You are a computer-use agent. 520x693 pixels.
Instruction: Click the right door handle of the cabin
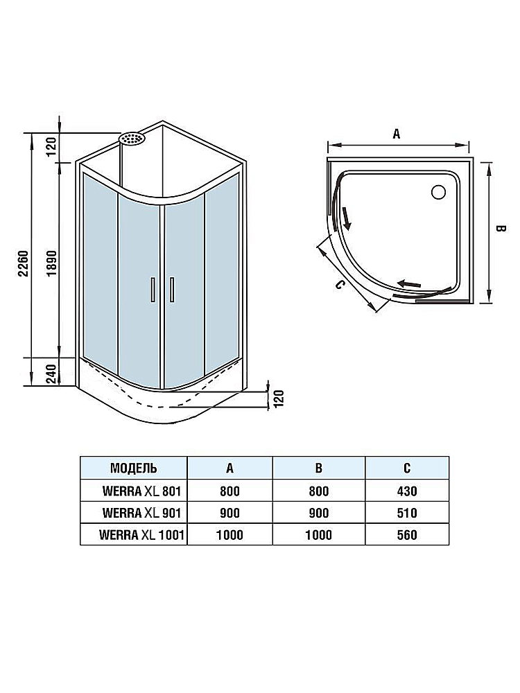click(171, 290)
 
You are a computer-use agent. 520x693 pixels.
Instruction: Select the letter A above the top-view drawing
click(397, 134)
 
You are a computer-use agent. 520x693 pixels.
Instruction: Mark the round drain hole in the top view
click(438, 191)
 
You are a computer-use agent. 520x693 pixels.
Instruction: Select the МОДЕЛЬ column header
click(133, 468)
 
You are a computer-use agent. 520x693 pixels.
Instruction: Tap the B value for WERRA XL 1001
click(318, 535)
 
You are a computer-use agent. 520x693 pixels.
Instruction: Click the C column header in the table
click(407, 468)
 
